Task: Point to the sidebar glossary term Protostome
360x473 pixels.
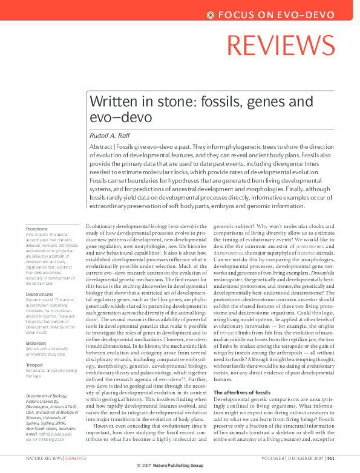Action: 38,229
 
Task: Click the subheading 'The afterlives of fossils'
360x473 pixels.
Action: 243,393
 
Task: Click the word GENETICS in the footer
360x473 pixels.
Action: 76,458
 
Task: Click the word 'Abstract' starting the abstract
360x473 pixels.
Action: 100,147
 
